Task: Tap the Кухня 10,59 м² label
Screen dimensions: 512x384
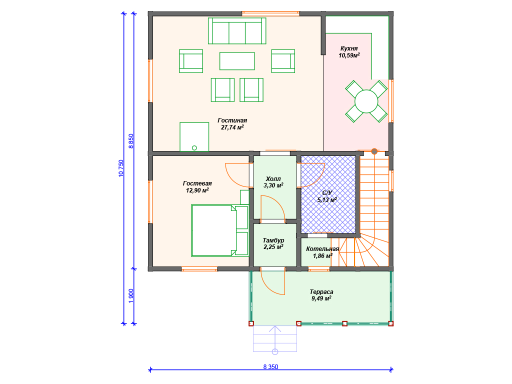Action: (x=349, y=52)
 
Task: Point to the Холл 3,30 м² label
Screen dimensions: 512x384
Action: (x=273, y=182)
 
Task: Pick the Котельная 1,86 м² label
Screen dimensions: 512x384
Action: (x=322, y=252)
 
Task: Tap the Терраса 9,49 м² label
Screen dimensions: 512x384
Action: (x=321, y=295)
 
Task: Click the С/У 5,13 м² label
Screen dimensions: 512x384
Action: (x=327, y=196)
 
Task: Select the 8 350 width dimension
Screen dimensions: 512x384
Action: (x=270, y=367)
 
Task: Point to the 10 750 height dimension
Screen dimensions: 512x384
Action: (x=121, y=168)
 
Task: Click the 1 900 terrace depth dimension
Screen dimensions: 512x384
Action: (x=131, y=296)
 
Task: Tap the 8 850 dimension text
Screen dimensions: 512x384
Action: (x=131, y=141)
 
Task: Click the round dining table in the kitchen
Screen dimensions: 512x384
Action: (x=366, y=101)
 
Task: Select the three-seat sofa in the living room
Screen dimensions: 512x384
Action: (x=237, y=30)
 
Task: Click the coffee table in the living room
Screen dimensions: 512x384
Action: (x=237, y=61)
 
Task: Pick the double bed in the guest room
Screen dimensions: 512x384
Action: (x=220, y=230)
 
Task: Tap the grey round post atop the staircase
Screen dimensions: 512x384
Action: (x=374, y=151)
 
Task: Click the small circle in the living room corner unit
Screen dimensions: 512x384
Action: (x=194, y=148)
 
